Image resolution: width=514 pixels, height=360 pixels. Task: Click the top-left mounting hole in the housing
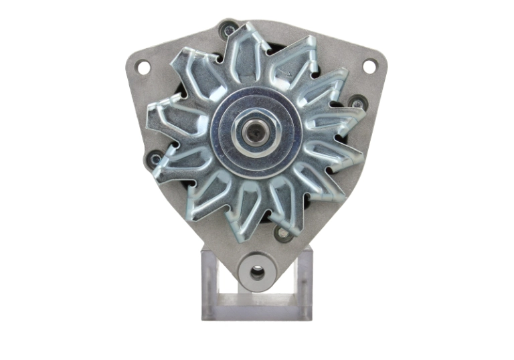click(142, 66)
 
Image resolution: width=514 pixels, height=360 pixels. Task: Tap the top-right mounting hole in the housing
click(369, 66)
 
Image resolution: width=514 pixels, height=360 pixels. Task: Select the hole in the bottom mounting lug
click(256, 272)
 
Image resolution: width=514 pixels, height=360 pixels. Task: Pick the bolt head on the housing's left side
click(155, 159)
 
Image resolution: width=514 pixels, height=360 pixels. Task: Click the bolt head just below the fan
click(283, 233)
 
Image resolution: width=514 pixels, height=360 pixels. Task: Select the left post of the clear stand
click(210, 281)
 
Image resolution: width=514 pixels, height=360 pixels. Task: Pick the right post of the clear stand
click(304, 281)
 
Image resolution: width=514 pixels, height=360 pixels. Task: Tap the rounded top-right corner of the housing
click(379, 57)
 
